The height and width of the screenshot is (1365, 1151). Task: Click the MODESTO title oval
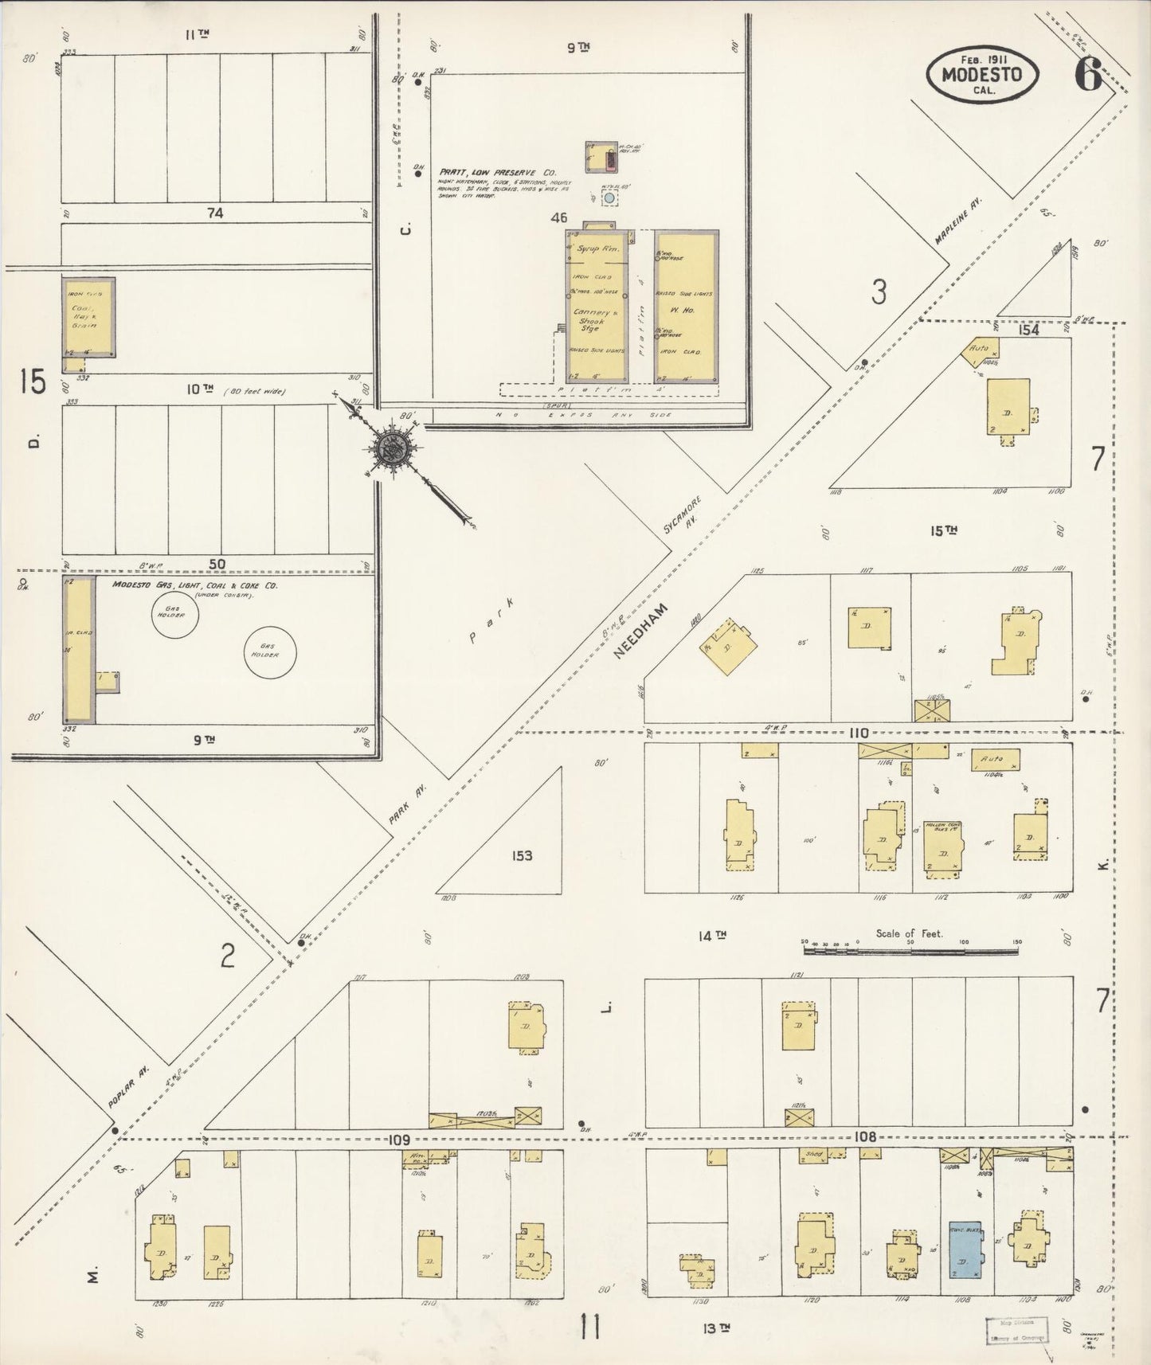982,74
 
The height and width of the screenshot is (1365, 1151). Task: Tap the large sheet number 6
1087,75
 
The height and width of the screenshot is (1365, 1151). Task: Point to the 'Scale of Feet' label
909,933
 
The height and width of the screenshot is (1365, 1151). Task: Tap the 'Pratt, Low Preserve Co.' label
497,172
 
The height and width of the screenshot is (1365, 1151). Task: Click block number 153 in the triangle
523,856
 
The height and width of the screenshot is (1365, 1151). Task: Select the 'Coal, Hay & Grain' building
88,317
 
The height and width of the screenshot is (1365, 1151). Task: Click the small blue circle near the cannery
609,198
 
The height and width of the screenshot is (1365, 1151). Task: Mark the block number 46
558,217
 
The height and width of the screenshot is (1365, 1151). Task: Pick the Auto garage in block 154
983,350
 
